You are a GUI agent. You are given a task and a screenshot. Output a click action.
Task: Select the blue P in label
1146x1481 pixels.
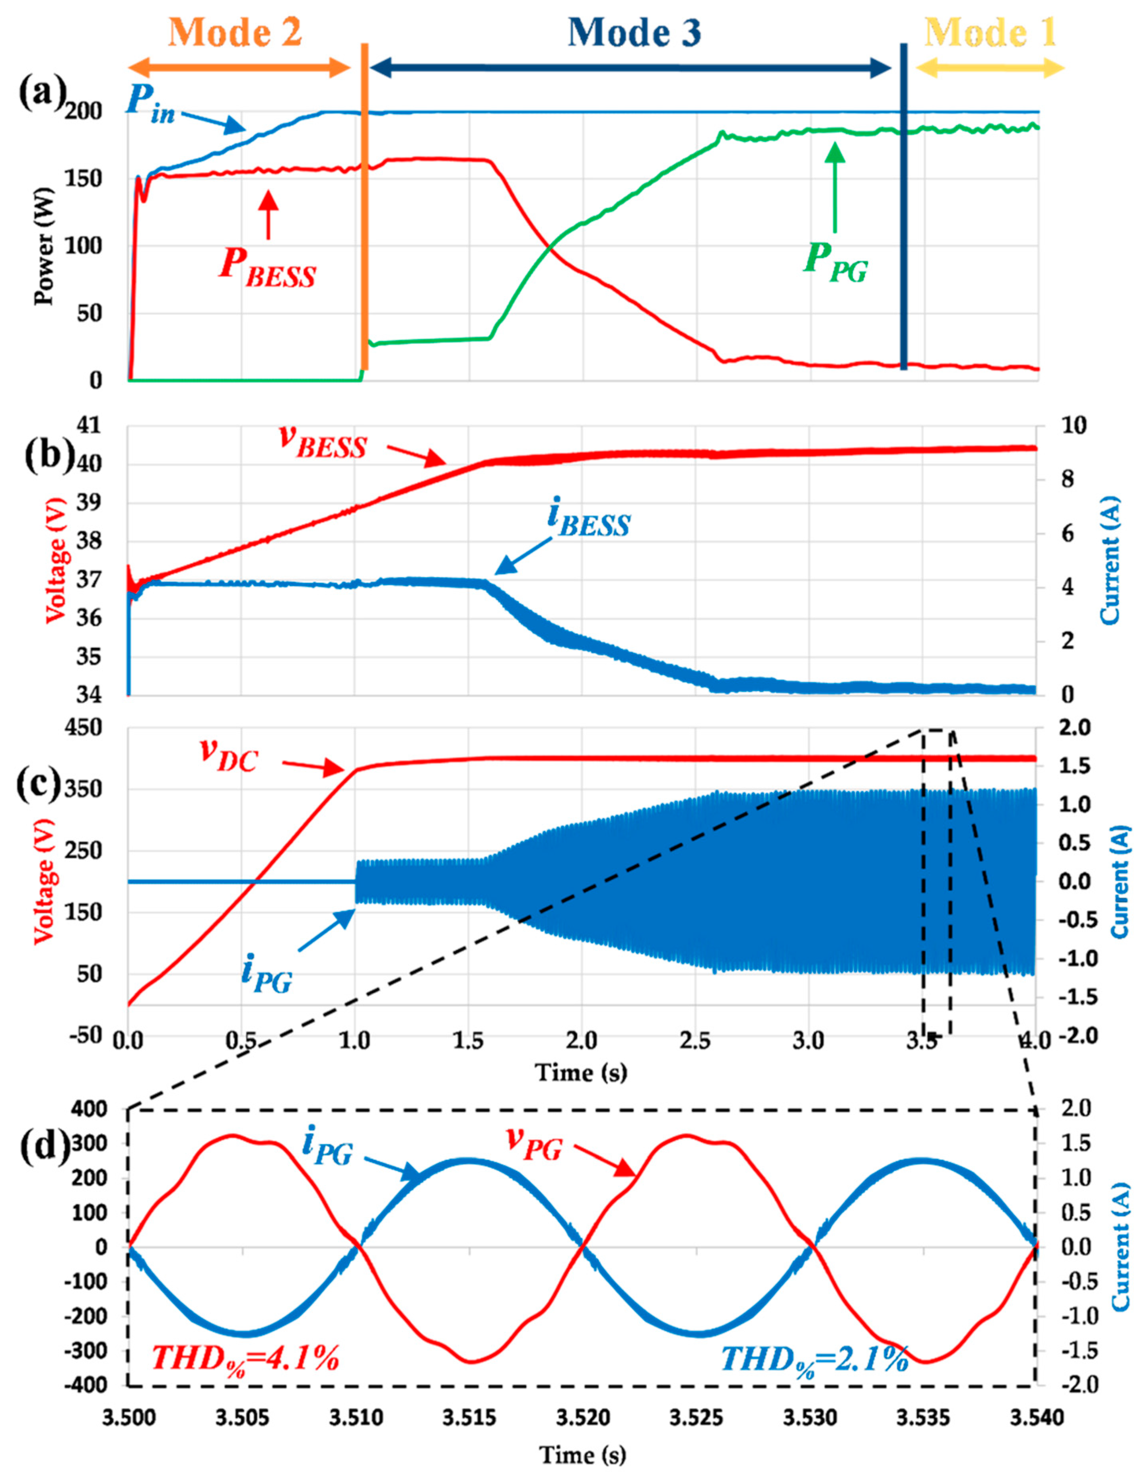point(151,107)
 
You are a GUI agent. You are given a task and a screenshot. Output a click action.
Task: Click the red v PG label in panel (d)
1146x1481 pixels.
point(534,1148)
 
